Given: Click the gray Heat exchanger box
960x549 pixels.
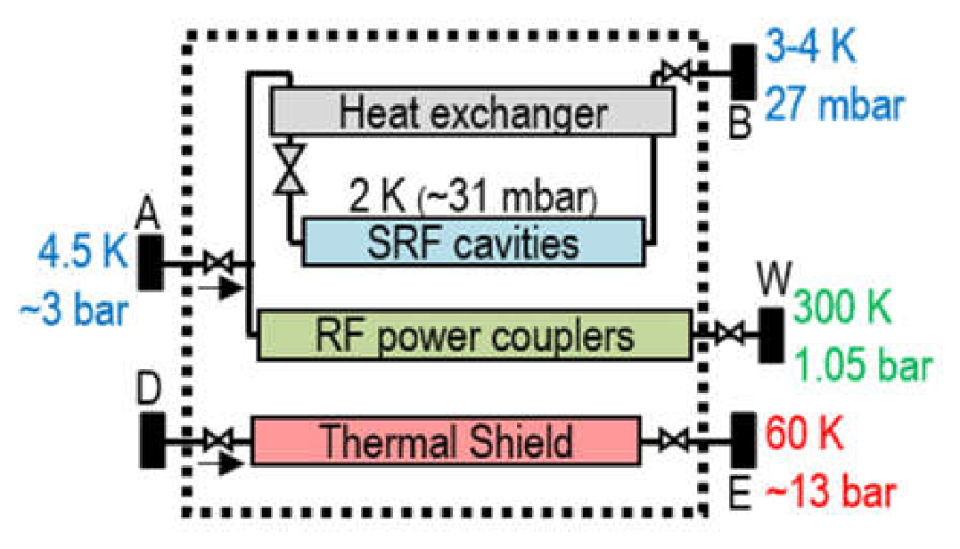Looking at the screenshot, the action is point(472,111).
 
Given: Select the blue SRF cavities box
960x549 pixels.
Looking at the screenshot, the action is point(473,242).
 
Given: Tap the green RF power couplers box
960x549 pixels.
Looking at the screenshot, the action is point(474,335).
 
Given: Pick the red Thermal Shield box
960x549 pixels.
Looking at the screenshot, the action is point(447,440).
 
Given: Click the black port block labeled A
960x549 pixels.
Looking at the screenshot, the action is point(150,263).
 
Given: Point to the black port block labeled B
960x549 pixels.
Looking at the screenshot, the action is point(743,71).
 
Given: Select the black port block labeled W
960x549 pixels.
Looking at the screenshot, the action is point(771,335).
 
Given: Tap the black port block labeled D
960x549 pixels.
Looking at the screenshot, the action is point(152,440).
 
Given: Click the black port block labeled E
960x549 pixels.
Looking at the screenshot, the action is point(743,440).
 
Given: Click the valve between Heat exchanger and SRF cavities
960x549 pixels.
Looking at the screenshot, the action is point(290,169).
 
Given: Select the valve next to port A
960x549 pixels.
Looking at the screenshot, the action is point(218,263).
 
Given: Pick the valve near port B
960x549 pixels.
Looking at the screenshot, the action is point(677,71).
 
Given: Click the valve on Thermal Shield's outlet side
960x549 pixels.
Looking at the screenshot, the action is point(673,440).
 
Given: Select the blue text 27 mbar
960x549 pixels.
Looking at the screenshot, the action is point(834,104).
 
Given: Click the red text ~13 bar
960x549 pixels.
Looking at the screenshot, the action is point(831,490).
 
